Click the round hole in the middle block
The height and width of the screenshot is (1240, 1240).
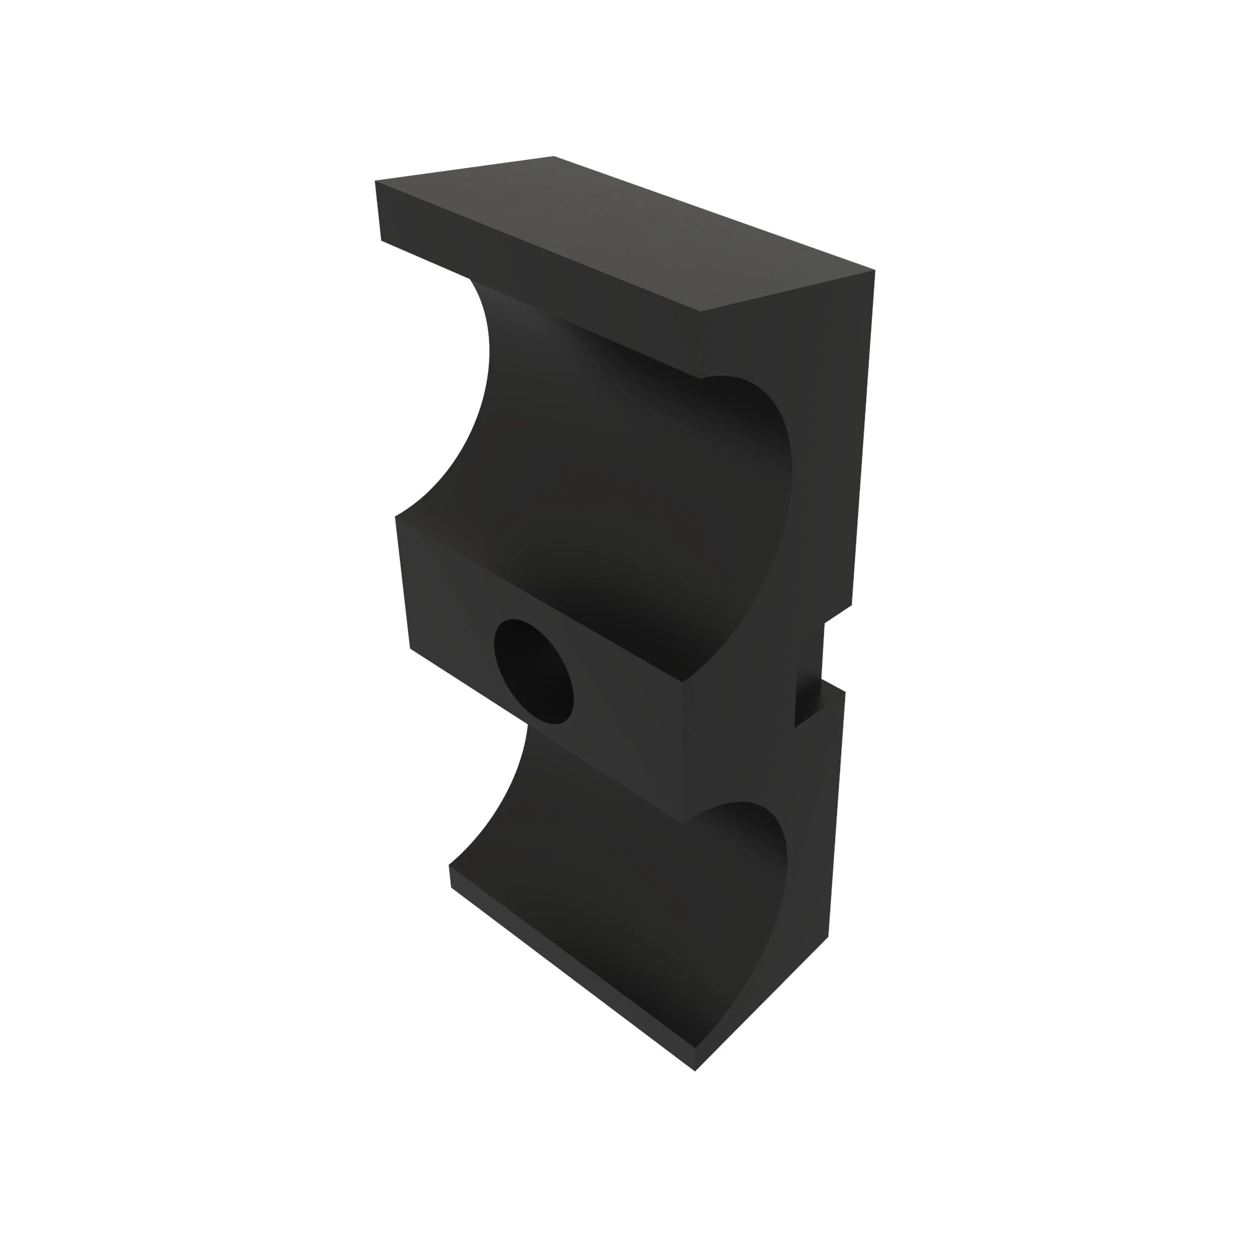(x=533, y=671)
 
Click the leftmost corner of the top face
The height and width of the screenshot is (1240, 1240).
(x=376, y=181)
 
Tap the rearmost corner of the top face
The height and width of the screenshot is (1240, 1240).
(x=553, y=156)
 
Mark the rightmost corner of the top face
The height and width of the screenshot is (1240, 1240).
(x=875, y=270)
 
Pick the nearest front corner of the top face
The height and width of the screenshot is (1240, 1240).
(x=700, y=312)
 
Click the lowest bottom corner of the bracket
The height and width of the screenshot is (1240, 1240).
(x=695, y=1071)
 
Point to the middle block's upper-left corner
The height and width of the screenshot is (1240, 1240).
(x=396, y=516)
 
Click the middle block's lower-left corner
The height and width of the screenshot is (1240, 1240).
(x=410, y=649)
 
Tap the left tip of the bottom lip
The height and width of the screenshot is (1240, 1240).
(x=449, y=867)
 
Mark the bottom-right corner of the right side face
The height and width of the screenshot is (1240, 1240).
(x=828, y=937)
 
